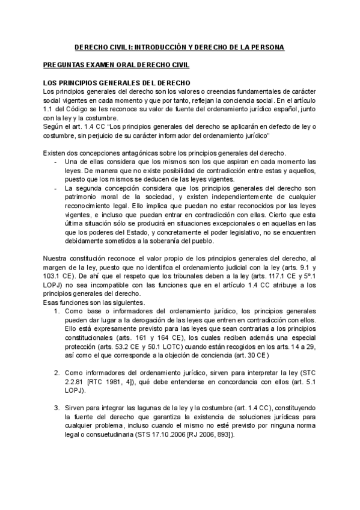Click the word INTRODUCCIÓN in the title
coord(159,46)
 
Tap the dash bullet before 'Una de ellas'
coord(56,161)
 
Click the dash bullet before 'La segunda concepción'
coord(56,188)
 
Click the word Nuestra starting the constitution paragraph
coord(56,258)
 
